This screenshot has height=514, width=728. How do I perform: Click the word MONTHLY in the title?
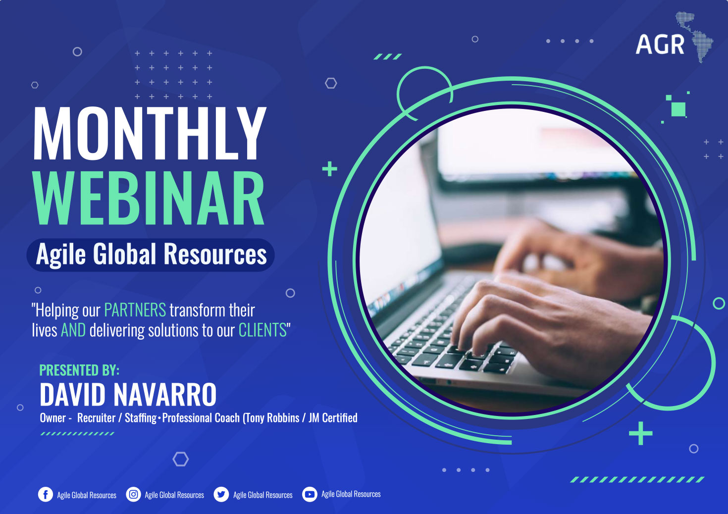tap(150, 133)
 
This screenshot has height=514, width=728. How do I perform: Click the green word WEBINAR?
tap(148, 198)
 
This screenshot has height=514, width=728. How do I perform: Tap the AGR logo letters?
tap(660, 45)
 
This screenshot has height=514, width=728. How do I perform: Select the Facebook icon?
tap(46, 495)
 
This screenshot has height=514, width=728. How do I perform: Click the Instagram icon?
tap(133, 495)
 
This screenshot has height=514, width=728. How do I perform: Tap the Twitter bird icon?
tap(221, 495)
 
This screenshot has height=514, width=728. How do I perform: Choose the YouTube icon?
tap(310, 495)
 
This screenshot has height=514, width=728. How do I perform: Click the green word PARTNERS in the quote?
tap(135, 310)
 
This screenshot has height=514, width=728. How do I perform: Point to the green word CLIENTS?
tap(262, 330)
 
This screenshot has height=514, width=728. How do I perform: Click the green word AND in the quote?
tap(73, 330)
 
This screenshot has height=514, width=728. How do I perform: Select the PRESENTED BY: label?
tap(79, 370)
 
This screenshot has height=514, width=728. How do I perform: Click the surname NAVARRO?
tap(165, 395)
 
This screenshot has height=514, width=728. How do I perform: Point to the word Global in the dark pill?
tap(125, 255)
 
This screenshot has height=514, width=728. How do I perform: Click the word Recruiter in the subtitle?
tap(96, 418)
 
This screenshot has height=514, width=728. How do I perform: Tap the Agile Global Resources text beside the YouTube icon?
tap(351, 494)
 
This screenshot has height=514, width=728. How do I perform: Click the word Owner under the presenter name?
tap(52, 418)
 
